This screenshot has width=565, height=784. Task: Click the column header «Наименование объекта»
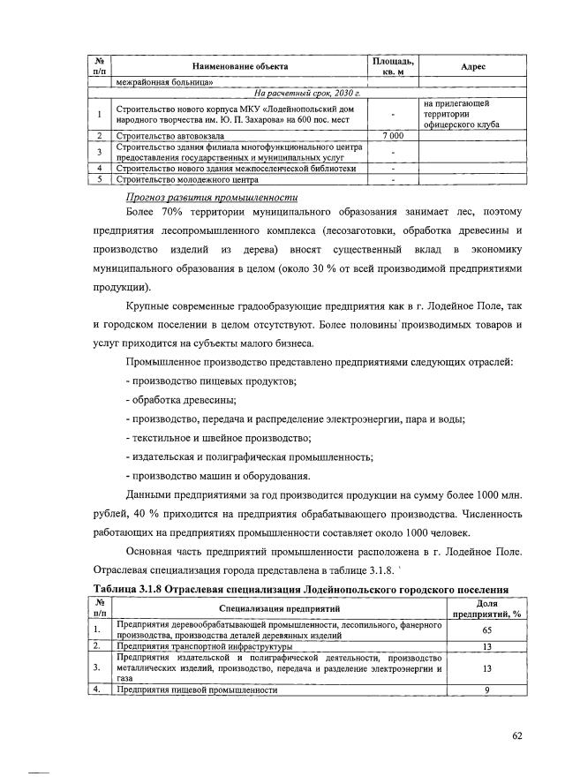pos(240,66)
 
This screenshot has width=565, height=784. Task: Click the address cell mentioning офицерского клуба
pos(462,114)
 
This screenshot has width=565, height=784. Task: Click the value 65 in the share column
pos(486,631)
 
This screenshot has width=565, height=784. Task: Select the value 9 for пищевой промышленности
pos(486,690)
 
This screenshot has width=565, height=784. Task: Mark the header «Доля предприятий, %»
pos(486,608)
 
